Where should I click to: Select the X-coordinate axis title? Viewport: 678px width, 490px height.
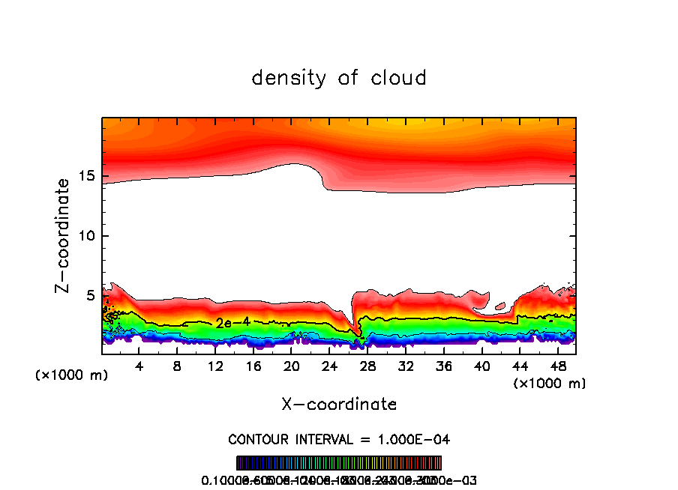tap(339, 405)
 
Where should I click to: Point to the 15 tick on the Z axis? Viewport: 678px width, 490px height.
tap(86, 176)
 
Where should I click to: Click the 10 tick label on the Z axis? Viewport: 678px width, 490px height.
tap(86, 236)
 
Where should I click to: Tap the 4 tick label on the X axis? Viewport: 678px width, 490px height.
tap(139, 366)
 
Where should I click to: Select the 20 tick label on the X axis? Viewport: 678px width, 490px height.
tap(292, 366)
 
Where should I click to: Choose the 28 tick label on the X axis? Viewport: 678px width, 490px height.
tap(367, 366)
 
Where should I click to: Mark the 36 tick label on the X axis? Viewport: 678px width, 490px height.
tap(444, 366)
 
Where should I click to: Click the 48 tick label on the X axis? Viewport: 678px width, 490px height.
tap(558, 366)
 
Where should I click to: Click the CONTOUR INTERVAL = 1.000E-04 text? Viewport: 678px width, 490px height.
tap(339, 439)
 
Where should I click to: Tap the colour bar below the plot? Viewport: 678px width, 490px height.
tap(339, 463)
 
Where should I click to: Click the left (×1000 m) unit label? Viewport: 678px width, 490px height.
tap(71, 375)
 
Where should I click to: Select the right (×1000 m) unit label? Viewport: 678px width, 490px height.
tap(550, 384)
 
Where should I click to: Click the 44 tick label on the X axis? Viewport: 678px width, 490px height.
tap(520, 366)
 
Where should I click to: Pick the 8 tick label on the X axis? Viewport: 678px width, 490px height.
tap(177, 366)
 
